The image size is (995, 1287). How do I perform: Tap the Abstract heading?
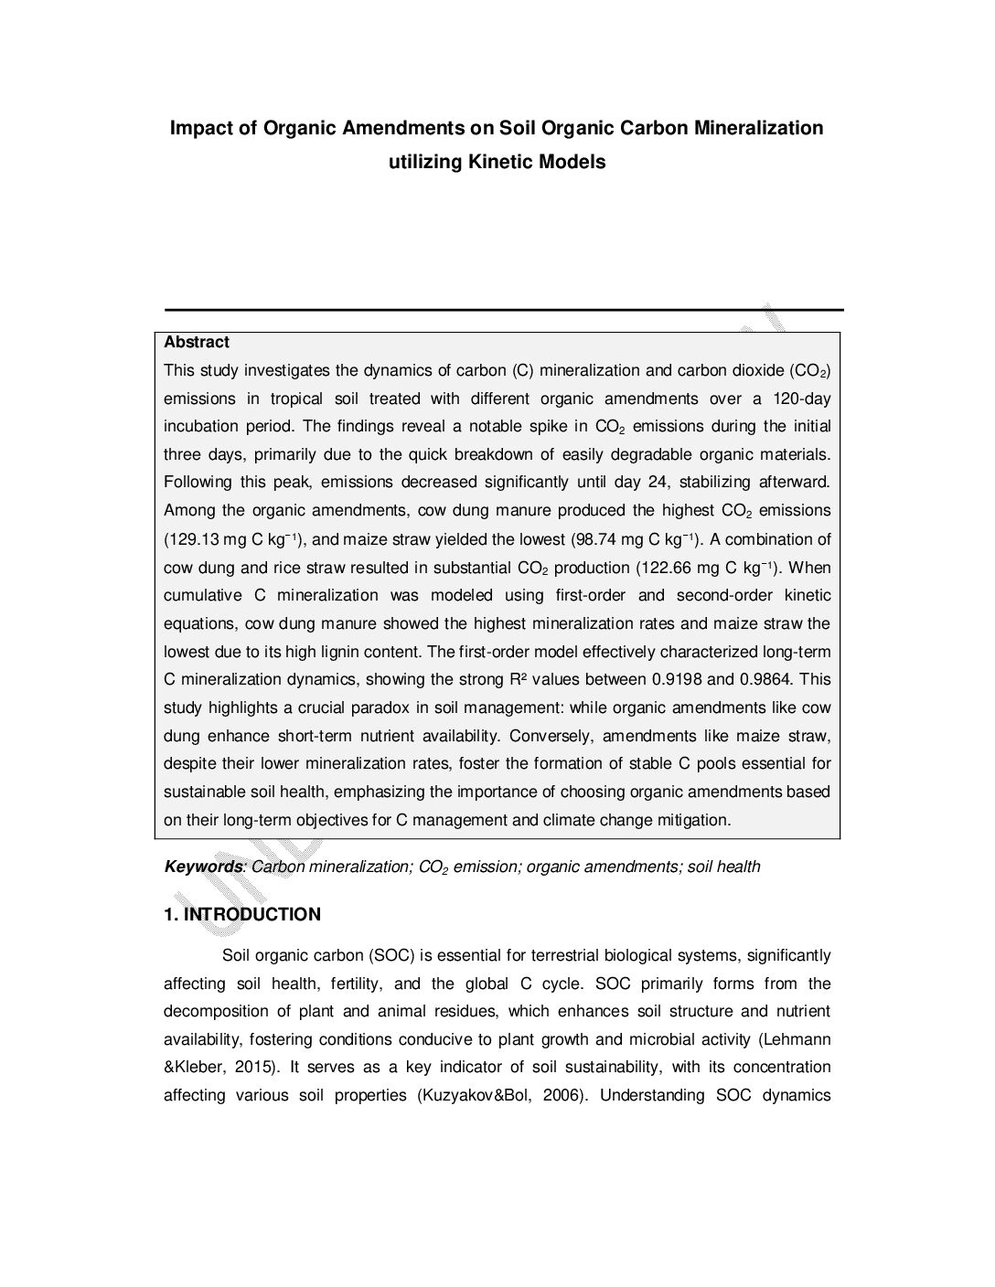point(197,343)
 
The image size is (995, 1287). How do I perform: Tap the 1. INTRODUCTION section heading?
point(242,915)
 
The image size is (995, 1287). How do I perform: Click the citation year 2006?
point(562,1096)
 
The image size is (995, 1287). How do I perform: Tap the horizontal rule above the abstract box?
point(503,310)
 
